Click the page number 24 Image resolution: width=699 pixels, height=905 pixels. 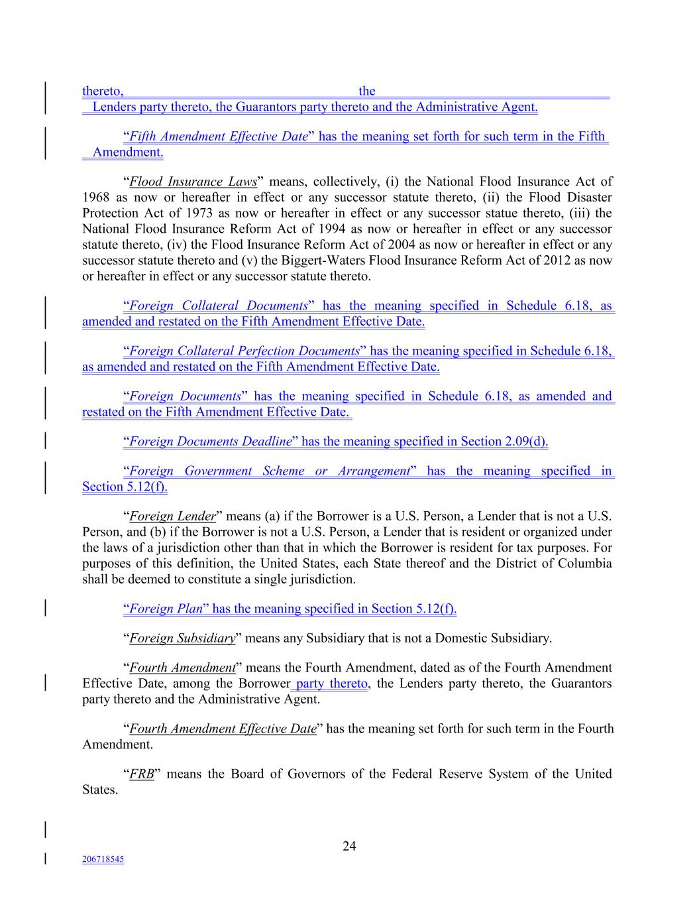click(x=349, y=846)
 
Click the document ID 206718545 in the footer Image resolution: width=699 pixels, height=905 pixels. click(x=103, y=859)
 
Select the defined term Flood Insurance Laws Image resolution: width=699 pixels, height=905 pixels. click(x=193, y=182)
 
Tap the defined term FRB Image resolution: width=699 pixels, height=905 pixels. click(x=142, y=774)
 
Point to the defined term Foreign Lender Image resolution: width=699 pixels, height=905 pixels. click(x=173, y=516)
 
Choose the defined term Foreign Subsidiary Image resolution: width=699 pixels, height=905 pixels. click(x=182, y=638)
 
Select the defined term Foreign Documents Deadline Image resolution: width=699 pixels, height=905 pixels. click(x=210, y=442)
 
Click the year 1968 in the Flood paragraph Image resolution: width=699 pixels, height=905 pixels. click(x=96, y=198)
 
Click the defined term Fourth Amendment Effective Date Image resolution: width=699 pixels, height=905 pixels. click(x=223, y=729)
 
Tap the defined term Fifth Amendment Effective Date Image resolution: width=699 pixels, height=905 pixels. click(x=218, y=137)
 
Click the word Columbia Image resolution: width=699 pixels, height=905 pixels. click(x=584, y=564)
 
